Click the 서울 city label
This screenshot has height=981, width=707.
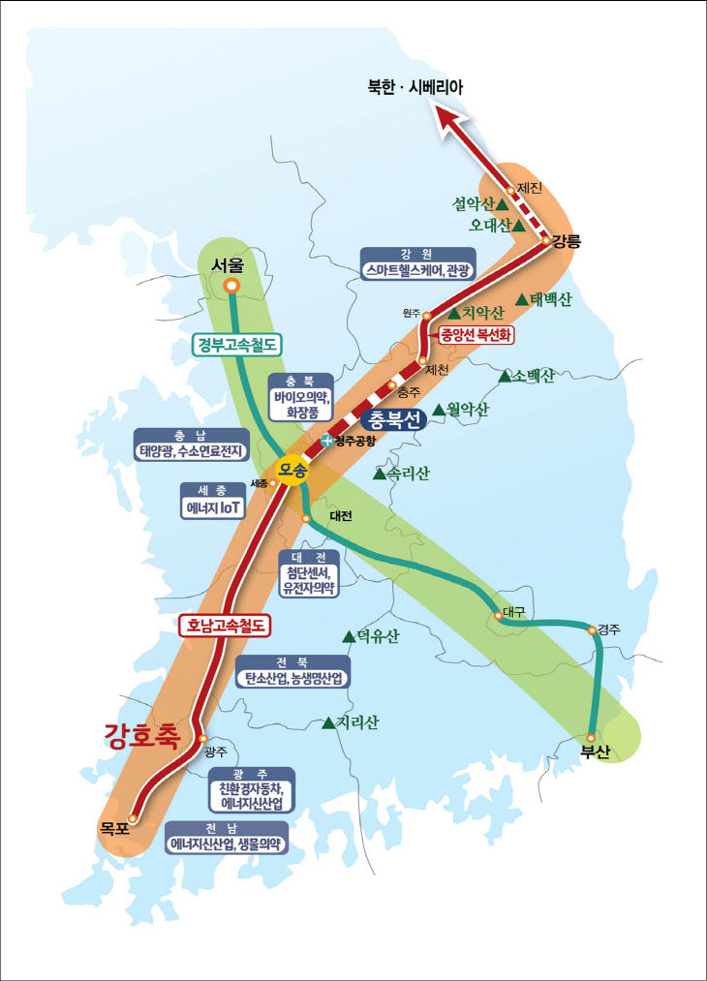(230, 264)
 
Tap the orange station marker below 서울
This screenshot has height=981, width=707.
(231, 286)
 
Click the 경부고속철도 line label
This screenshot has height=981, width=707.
(237, 344)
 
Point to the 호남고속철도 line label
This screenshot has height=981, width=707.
(225, 626)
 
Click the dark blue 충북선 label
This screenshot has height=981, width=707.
(393, 420)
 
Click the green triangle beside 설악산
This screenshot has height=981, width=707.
(503, 205)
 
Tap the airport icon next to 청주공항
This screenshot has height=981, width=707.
(327, 442)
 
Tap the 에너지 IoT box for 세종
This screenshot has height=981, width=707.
(214, 506)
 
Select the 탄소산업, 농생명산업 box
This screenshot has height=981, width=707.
(292, 678)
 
